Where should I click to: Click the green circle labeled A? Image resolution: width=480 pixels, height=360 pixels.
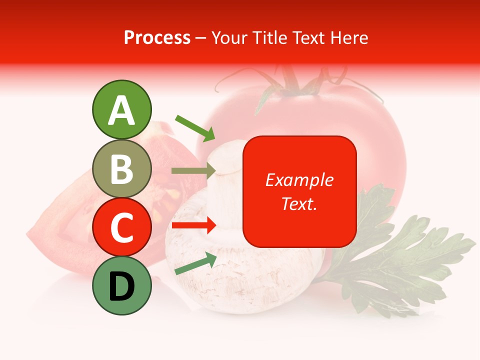121,109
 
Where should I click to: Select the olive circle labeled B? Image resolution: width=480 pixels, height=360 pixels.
121,168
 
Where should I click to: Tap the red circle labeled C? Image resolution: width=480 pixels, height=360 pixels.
121,227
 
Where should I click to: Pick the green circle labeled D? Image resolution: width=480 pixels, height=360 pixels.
121,285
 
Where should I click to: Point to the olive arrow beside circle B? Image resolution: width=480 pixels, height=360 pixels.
193,170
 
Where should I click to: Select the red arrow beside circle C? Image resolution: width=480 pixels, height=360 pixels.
194,225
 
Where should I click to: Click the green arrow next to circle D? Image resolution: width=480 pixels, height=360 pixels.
195,263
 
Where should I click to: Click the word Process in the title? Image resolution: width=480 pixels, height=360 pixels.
157,37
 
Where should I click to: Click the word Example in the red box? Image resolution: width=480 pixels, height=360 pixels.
299,180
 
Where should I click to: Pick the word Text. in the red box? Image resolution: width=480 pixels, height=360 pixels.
299,203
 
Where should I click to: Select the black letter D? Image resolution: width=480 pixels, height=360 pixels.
121,286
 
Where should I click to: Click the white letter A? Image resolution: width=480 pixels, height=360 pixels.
121,110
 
